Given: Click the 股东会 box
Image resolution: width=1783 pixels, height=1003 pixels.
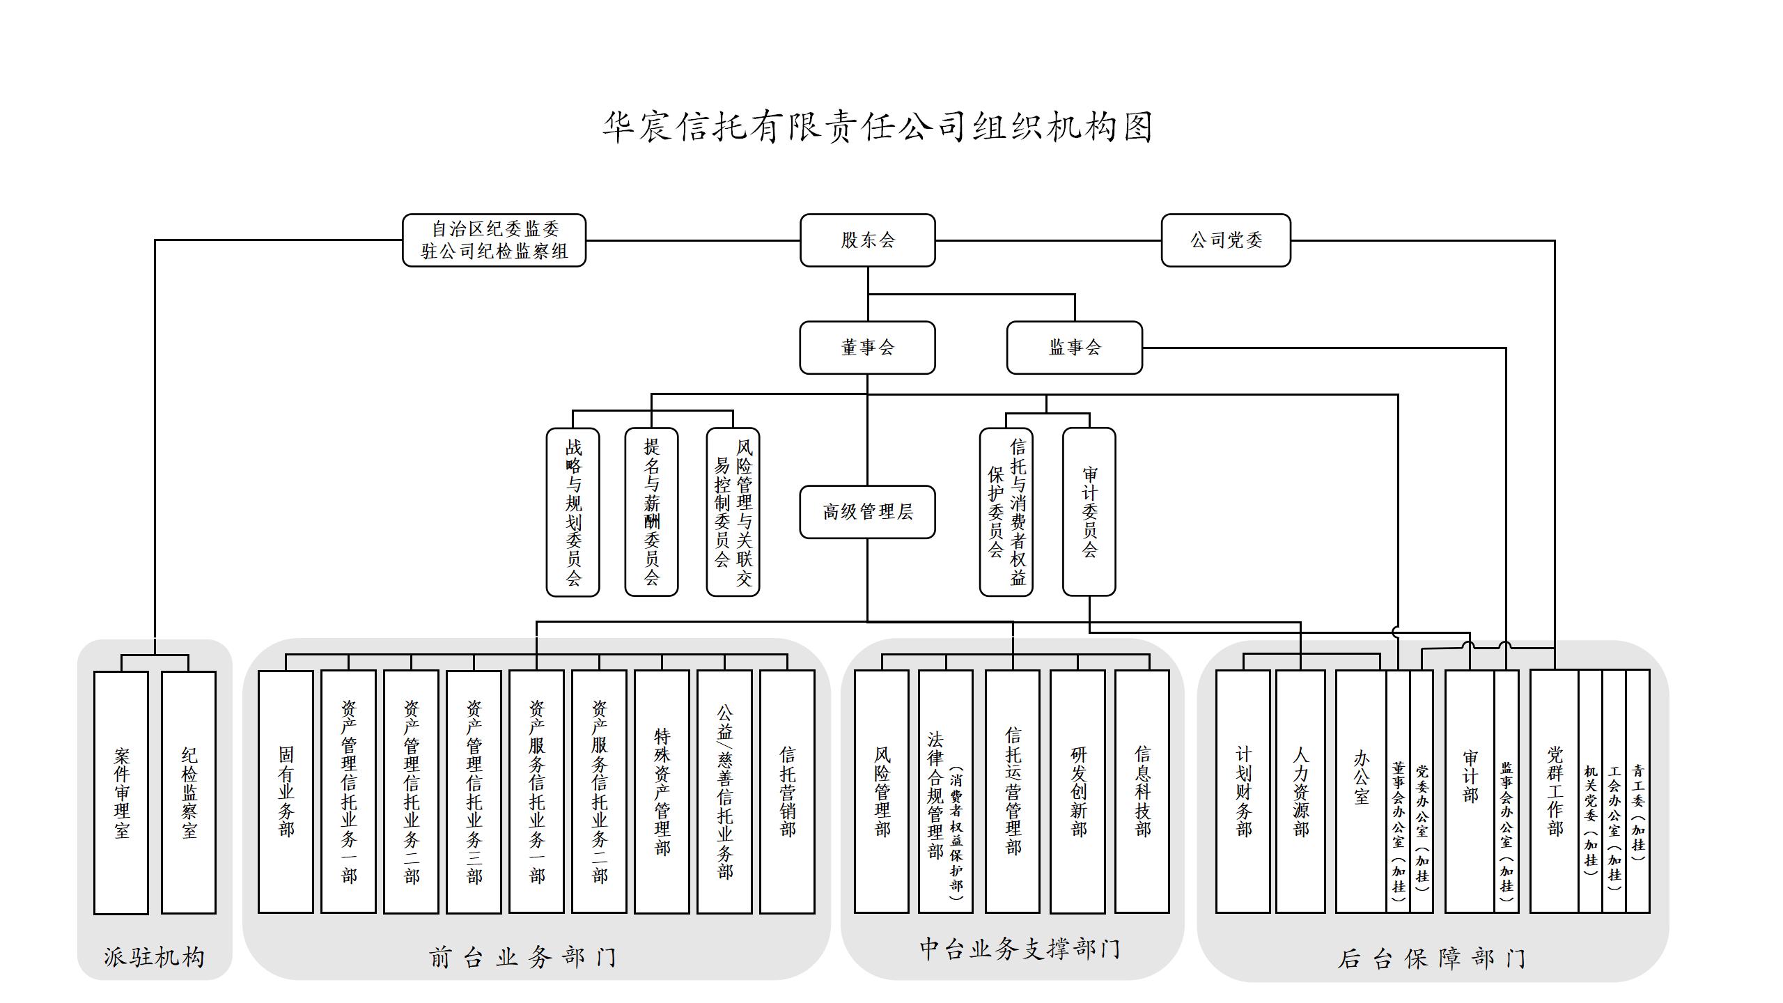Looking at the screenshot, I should pyautogui.click(x=867, y=240).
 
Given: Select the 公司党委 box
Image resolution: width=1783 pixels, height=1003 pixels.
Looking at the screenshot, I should pyautogui.click(x=1226, y=240).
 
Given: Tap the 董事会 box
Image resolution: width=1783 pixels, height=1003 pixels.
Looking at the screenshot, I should pyautogui.click(x=867, y=348).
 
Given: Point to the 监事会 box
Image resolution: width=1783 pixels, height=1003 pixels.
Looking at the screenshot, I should pyautogui.click(x=1074, y=348).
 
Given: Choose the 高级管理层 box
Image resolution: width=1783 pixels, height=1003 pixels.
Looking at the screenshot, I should pyautogui.click(x=867, y=512).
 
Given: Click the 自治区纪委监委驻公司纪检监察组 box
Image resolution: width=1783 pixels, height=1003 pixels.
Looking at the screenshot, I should pyautogui.click(x=494, y=240).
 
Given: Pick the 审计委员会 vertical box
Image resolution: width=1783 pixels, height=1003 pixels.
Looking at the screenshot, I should pyautogui.click(x=1089, y=512).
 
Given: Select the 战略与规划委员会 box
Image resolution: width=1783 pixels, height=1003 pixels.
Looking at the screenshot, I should pyautogui.click(x=573, y=512).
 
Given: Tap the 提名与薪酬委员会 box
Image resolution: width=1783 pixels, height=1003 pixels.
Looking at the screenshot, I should pyautogui.click(x=651, y=512).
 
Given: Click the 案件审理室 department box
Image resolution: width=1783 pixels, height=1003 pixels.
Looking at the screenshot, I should pyautogui.click(x=121, y=792).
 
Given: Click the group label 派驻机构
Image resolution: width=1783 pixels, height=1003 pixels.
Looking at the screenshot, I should pyautogui.click(x=154, y=957).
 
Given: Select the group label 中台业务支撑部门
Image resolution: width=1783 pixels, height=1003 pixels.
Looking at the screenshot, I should pyautogui.click(x=1020, y=949).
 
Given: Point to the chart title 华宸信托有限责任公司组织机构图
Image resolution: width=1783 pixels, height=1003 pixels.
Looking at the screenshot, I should pyautogui.click(x=878, y=127).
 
